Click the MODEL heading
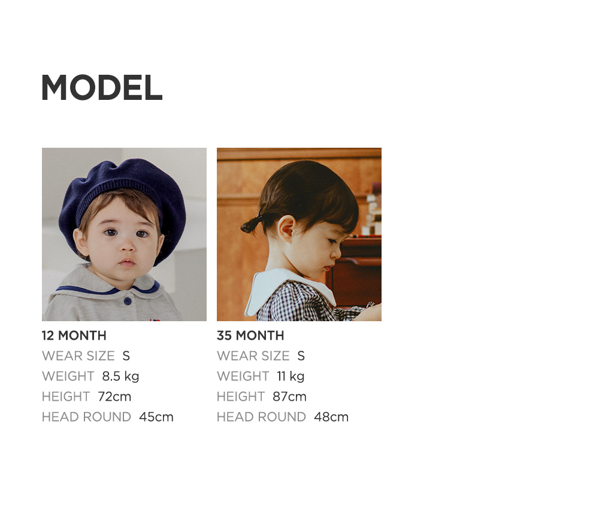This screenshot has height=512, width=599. point(102,87)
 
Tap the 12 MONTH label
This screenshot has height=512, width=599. point(74,336)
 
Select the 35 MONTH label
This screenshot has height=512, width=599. point(250,336)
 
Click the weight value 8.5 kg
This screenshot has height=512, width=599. point(120,376)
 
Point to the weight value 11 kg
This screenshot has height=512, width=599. point(291,376)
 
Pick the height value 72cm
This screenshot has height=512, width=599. point(114,397)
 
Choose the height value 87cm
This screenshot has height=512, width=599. point(289,397)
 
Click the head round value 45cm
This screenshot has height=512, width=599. point(156,417)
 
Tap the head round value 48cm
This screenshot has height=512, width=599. point(331,417)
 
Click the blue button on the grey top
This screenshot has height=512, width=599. point(127,302)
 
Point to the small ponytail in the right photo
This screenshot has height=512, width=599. point(251,225)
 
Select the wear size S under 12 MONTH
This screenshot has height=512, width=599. point(126,356)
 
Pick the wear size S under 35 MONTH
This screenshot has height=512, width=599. point(301,356)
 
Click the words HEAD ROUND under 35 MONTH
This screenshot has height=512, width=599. point(261,417)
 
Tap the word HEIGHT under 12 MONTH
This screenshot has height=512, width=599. point(66,397)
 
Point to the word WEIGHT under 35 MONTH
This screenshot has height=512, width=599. point(243,376)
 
